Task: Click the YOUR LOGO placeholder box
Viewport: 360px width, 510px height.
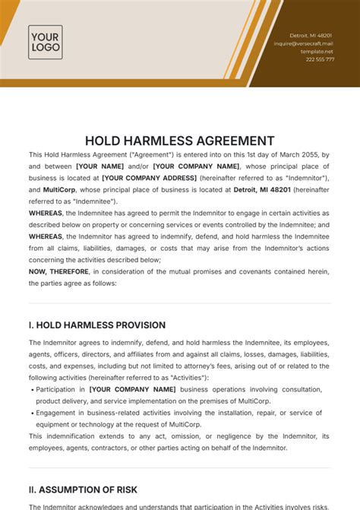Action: [45, 42]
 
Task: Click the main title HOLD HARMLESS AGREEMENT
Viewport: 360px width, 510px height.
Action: [180, 140]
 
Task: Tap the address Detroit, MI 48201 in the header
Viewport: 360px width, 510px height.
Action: [312, 36]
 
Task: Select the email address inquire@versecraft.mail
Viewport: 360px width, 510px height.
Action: [304, 43]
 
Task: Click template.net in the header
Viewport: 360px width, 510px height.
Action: [318, 51]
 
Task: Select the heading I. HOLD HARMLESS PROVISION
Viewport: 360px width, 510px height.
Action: [96, 325]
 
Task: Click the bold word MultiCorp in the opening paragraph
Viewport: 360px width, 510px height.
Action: [58, 189]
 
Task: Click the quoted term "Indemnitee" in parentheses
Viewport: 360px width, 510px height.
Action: [93, 201]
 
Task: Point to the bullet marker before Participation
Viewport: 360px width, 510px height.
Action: [31, 390]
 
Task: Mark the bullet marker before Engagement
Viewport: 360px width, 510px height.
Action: [31, 413]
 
